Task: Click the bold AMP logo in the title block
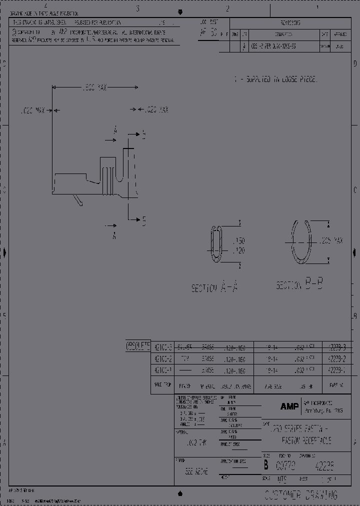pyautogui.click(x=289, y=407)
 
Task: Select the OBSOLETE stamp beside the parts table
pyautogui.click(x=137, y=346)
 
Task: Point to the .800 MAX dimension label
pyautogui.click(x=94, y=87)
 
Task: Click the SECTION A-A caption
pyautogui.click(x=215, y=287)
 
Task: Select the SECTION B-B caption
pyautogui.click(x=299, y=285)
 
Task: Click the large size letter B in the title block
pyautogui.click(x=266, y=465)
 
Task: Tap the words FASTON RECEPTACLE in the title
pyautogui.click(x=306, y=440)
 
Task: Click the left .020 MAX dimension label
pyautogui.click(x=34, y=109)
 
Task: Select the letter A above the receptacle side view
pyautogui.click(x=115, y=131)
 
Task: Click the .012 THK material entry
pyautogui.click(x=195, y=443)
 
